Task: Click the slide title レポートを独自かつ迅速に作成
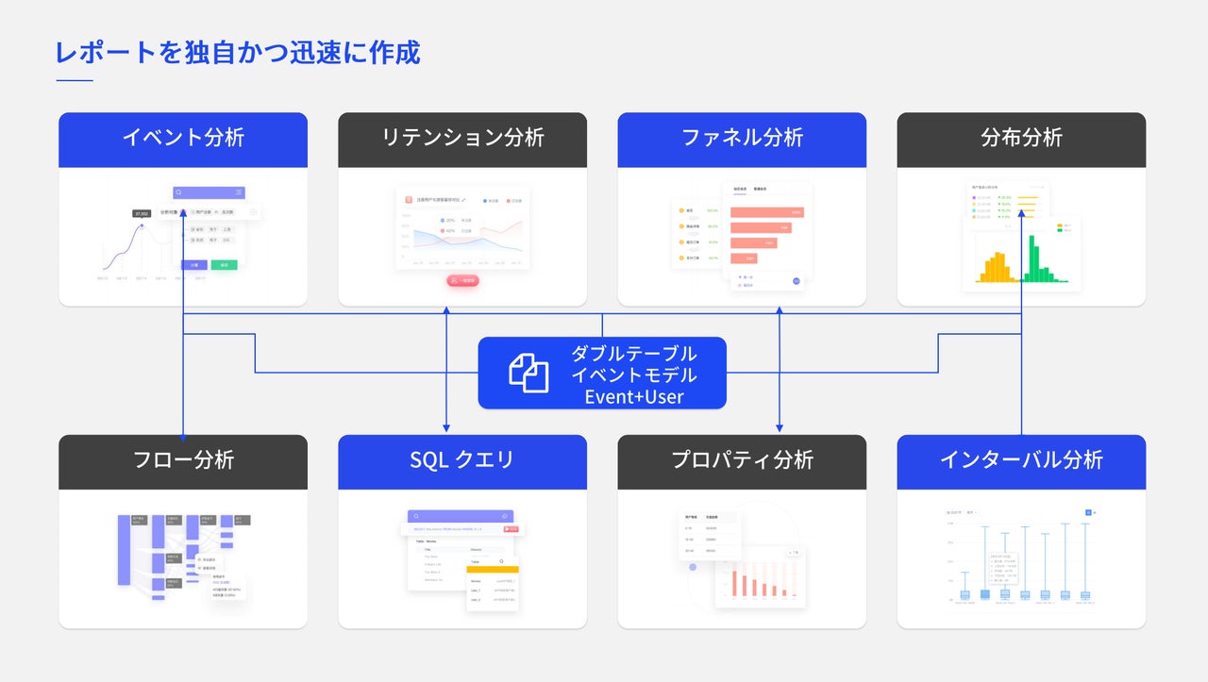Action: (238, 53)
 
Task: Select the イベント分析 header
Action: (183, 138)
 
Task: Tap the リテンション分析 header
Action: (462, 138)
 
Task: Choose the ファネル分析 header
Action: (742, 138)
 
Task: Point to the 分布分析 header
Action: (1021, 138)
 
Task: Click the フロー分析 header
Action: (183, 460)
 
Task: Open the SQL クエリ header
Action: (462, 460)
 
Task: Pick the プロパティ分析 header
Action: (742, 460)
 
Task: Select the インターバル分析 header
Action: (1021, 460)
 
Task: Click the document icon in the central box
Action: (529, 373)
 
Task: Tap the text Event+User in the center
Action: (634, 397)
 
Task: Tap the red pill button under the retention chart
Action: (462, 280)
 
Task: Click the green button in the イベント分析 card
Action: (224, 265)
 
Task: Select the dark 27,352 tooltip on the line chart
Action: (143, 214)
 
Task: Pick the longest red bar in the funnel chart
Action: (767, 212)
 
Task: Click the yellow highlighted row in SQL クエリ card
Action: (492, 569)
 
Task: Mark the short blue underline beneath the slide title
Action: (75, 81)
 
